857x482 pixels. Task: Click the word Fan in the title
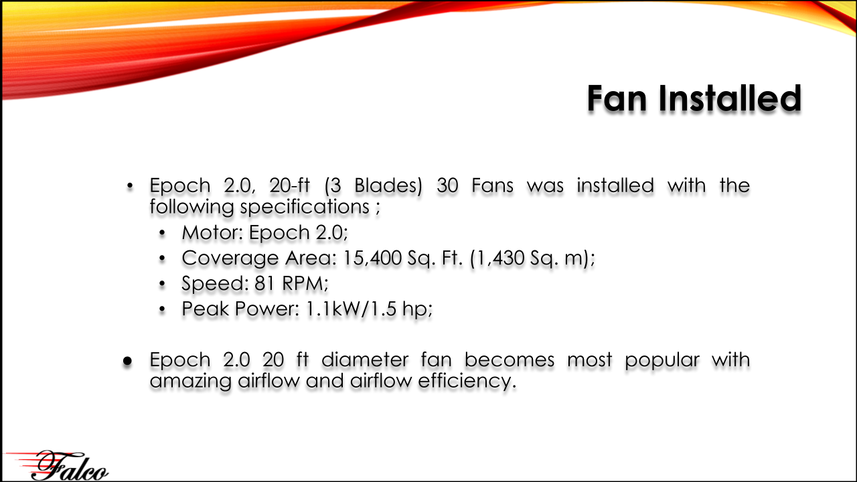coord(617,98)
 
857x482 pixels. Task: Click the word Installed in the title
coord(730,98)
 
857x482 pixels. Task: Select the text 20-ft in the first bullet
coord(289,185)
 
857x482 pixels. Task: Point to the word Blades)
coord(388,186)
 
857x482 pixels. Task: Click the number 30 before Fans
coord(447,185)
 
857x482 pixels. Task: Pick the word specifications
coord(305,208)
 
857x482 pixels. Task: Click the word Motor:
coord(213,232)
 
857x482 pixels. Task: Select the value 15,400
coord(372,258)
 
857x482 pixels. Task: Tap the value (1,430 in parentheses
coord(497,258)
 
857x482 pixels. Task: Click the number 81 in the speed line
coord(264,284)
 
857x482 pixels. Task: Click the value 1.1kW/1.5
coord(352,309)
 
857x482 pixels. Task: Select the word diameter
coord(365,360)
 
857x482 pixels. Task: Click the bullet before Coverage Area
coord(162,258)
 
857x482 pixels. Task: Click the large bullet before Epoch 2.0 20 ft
coord(128,361)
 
